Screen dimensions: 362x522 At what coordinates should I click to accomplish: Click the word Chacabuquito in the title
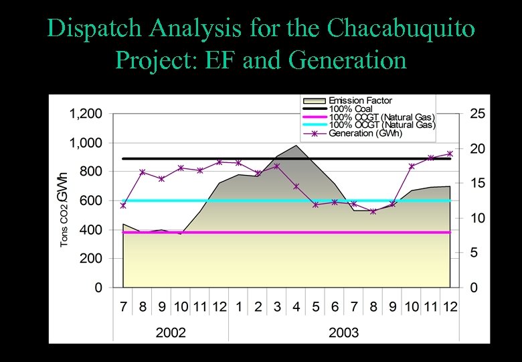point(402,28)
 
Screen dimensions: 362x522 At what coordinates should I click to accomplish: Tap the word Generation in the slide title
point(348,60)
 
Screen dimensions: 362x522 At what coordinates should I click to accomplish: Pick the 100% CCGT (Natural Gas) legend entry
point(381,117)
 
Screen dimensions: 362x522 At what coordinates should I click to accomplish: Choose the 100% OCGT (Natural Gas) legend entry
point(381,125)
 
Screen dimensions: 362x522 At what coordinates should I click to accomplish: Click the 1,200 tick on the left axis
point(86,114)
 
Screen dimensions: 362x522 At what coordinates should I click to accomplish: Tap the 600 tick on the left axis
point(92,200)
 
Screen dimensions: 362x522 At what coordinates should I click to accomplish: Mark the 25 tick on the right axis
point(477,114)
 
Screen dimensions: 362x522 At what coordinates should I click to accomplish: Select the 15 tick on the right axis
point(477,183)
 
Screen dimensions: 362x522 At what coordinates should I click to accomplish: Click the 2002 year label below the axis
point(171,331)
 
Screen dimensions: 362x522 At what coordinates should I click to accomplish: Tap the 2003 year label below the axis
point(343,331)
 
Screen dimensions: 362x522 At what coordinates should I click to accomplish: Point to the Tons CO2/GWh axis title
point(63,209)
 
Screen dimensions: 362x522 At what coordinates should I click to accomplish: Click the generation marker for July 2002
point(123,205)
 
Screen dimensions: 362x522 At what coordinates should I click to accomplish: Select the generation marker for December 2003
point(450,154)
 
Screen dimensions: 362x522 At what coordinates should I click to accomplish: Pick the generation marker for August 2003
point(373,211)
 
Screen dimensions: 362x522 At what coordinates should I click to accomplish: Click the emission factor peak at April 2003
point(296,145)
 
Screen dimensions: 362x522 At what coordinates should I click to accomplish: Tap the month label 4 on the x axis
point(296,306)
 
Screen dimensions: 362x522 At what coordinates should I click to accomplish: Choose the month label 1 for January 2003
point(239,306)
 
